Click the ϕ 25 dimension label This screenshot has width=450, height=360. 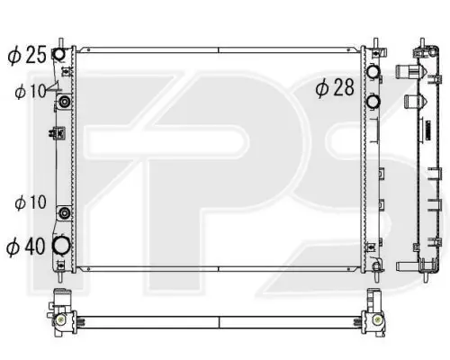click(27, 55)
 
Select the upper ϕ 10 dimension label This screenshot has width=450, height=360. click(31, 91)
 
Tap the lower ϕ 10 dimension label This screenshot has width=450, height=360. click(31, 202)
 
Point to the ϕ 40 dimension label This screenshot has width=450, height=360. click(26, 247)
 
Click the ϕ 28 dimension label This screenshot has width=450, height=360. click(335, 87)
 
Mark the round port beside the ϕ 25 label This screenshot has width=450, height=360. click(58, 54)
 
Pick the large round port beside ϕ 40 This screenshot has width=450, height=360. click(61, 245)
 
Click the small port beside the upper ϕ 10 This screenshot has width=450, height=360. click(65, 102)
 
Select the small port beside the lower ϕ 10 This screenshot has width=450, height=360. click(65, 213)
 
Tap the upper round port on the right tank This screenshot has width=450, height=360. click(373, 72)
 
